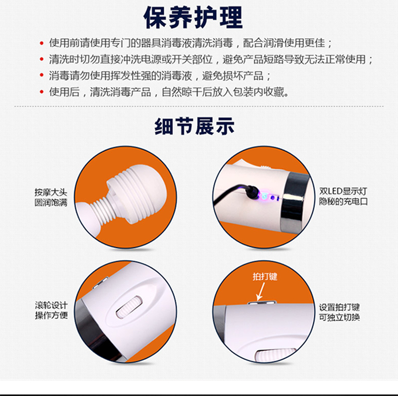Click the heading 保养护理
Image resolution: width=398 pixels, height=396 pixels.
[x=193, y=17]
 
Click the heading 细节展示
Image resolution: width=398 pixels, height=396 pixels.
[x=194, y=126]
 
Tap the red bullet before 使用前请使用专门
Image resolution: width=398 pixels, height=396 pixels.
[x=42, y=43]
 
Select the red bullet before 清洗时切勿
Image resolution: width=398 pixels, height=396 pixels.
[x=42, y=59]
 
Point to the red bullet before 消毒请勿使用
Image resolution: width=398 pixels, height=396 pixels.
[x=42, y=75]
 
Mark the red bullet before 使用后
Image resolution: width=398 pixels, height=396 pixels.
[x=42, y=91]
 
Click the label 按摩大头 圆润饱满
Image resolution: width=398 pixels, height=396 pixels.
[x=51, y=197]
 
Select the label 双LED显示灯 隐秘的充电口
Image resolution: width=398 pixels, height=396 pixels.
[x=343, y=196]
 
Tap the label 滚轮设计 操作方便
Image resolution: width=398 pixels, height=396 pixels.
[x=51, y=310]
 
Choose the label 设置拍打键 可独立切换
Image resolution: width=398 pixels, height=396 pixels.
[x=340, y=312]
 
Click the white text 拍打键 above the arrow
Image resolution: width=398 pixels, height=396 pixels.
[x=264, y=277]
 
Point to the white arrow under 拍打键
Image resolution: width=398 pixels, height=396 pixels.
[x=260, y=291]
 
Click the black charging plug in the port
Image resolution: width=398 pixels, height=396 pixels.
[x=252, y=191]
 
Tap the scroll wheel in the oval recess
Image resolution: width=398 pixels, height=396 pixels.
[x=129, y=307]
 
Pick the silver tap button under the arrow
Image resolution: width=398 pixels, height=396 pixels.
[x=262, y=303]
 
